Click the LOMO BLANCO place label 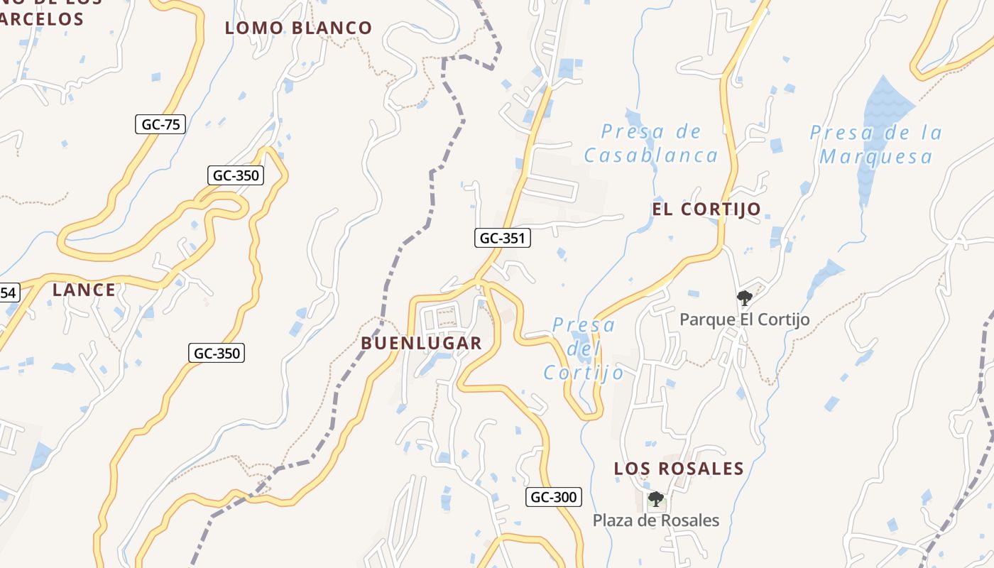pos(298,28)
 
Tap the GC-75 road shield pos(160,124)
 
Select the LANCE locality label pos(84,290)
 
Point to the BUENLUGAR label pos(421,344)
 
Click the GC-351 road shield pos(502,239)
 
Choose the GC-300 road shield pos(554,497)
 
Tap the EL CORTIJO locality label pos(706,209)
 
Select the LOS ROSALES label pos(679,469)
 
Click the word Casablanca pos(650,155)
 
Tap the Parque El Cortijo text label pos(744,319)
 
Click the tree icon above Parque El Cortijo pos(744,297)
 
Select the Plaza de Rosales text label pos(655,520)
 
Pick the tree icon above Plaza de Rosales pos(655,498)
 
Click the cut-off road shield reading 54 pos(8,292)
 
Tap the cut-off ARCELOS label pos(43,19)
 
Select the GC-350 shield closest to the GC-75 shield pos(236,175)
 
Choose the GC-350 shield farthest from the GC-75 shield pos(217,353)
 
